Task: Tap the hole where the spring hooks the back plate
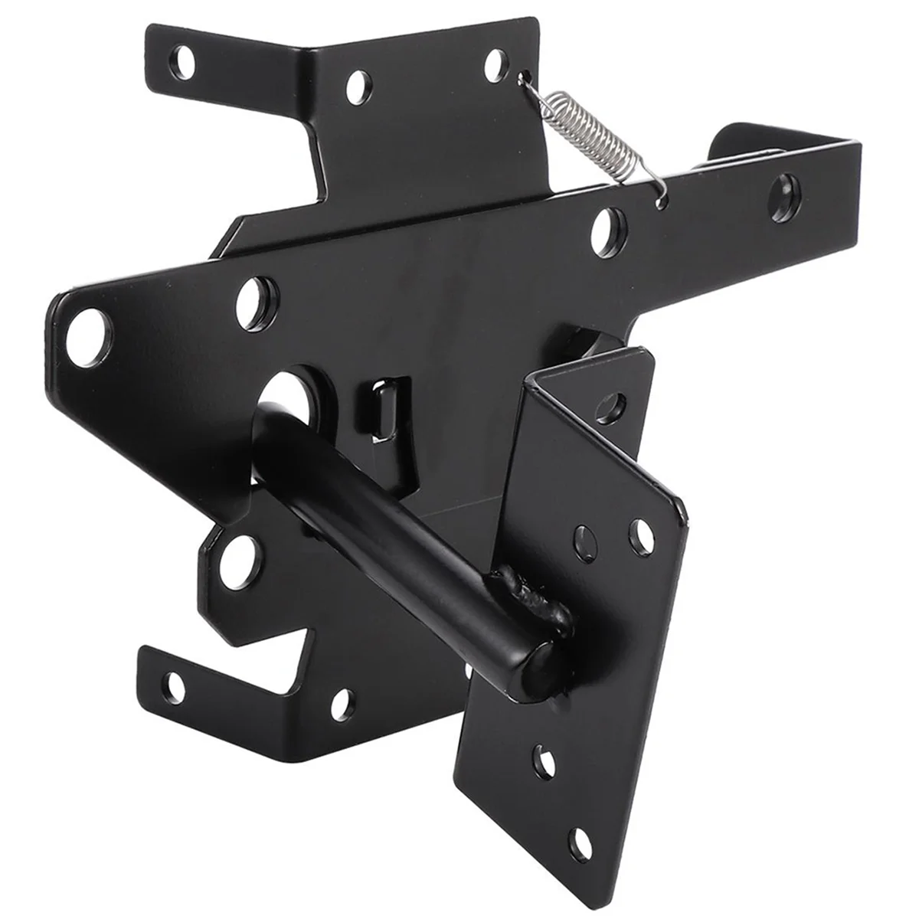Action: pos(525,77)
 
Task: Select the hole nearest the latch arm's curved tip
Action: pos(787,187)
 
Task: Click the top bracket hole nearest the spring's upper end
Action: pos(496,64)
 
